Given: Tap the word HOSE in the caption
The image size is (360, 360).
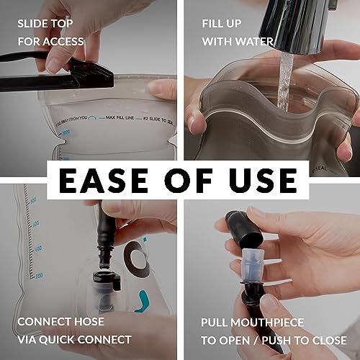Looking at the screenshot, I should coord(89,321).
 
